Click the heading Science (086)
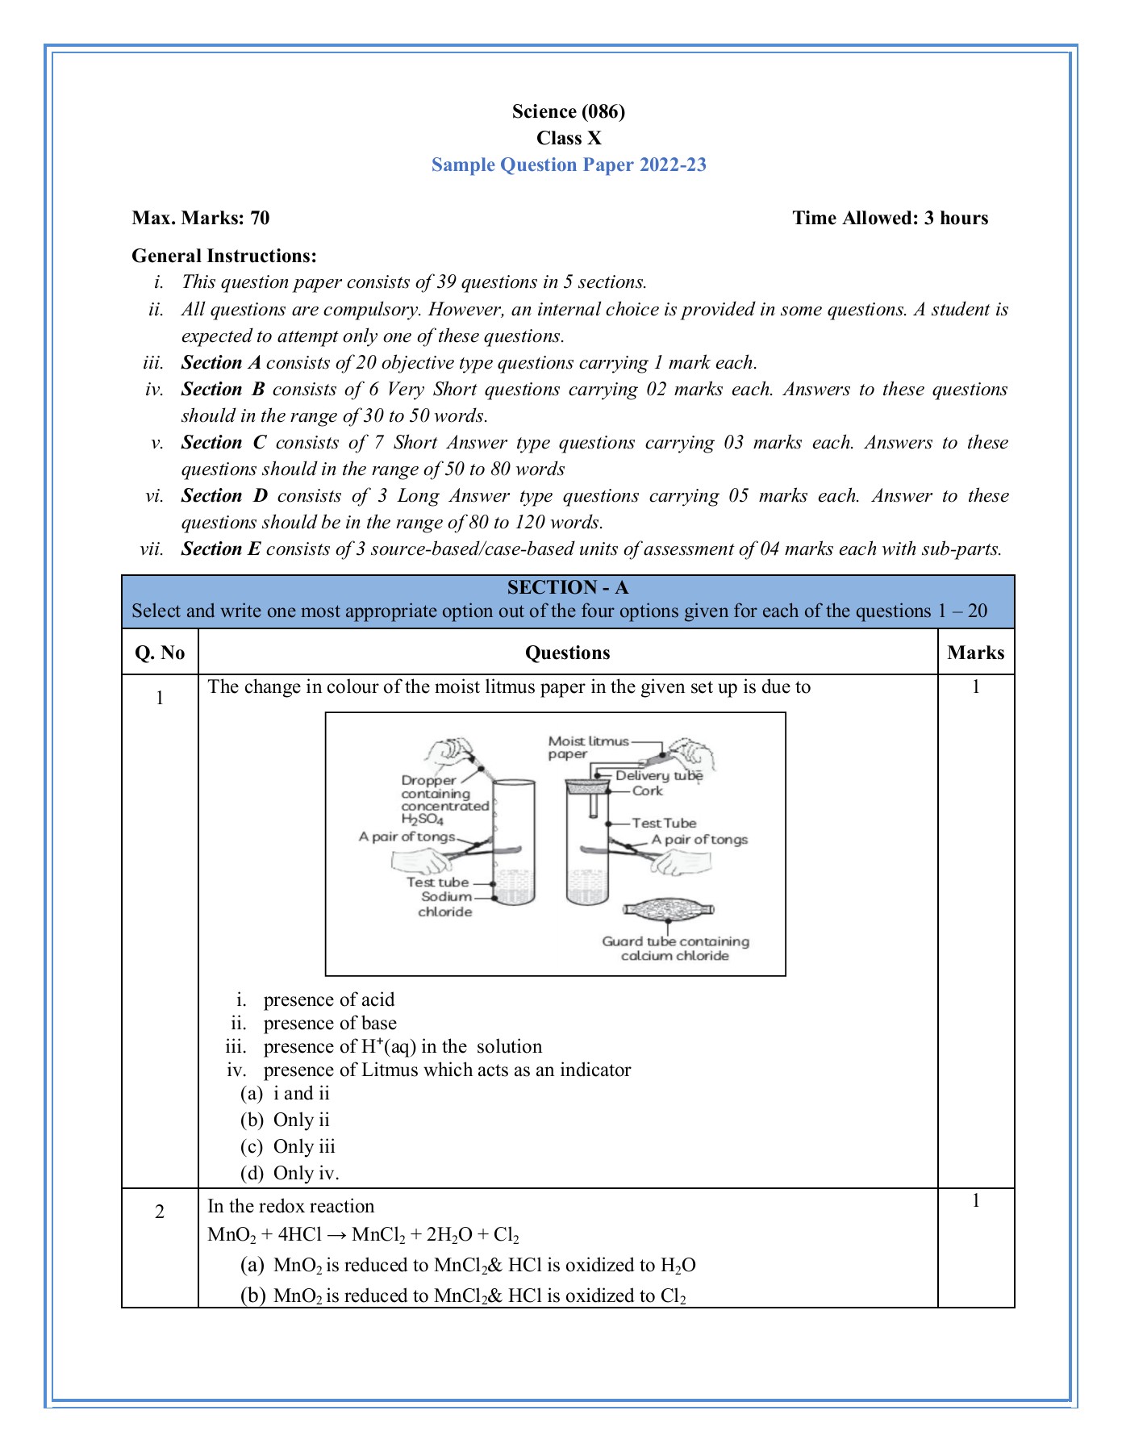(x=568, y=111)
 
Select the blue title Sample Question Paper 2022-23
(x=568, y=165)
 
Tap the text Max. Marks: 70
(x=201, y=218)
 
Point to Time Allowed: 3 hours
(x=890, y=218)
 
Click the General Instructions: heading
(x=224, y=256)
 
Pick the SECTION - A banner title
(x=567, y=587)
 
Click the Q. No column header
(x=160, y=653)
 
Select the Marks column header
(x=975, y=653)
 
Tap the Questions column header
(x=567, y=653)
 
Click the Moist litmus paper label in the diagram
(x=587, y=747)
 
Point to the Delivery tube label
(x=658, y=775)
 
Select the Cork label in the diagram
(x=647, y=791)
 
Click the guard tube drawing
(x=669, y=910)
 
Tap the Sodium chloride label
(x=446, y=904)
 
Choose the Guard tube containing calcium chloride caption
(x=675, y=949)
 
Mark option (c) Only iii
(x=288, y=1146)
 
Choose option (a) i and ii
(x=286, y=1093)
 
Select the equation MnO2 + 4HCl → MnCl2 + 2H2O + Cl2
(x=363, y=1235)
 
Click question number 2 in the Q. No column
(x=160, y=1212)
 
